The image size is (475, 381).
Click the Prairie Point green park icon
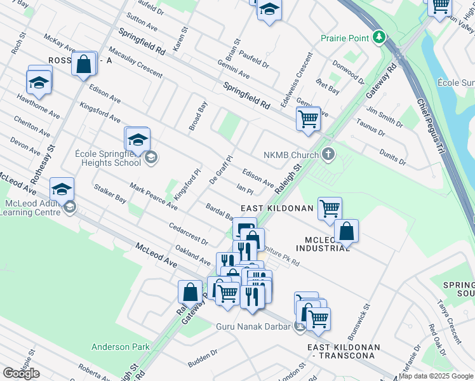coord(379,37)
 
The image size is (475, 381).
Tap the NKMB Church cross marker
coord(328,154)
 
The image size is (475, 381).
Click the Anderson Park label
coord(121,347)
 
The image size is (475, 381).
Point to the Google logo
coord(21,373)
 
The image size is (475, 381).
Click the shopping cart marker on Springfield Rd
coord(308,118)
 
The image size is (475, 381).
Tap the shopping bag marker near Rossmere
coord(84,64)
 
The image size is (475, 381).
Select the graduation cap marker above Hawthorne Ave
coord(39,83)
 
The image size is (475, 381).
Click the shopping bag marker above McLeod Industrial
coord(346,232)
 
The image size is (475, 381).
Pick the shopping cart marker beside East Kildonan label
coord(330,209)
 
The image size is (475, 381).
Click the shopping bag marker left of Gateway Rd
coord(190,292)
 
